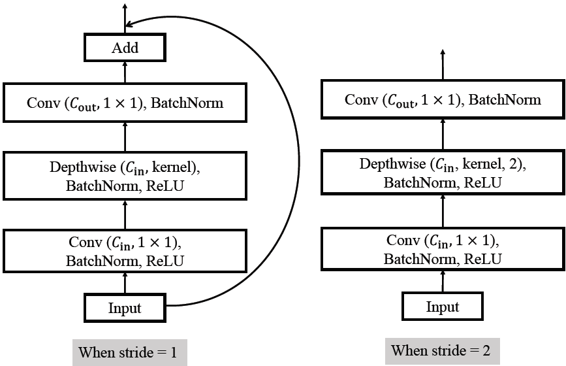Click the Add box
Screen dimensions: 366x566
click(x=125, y=47)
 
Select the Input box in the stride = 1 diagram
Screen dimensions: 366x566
click(x=125, y=307)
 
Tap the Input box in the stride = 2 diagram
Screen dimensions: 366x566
click(x=443, y=307)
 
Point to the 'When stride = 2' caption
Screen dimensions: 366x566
click(x=442, y=350)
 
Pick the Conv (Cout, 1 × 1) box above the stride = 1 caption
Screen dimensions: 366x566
click(x=125, y=102)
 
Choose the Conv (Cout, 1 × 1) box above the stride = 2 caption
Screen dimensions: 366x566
click(x=443, y=99)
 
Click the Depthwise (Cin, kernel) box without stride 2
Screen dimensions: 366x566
click(x=125, y=176)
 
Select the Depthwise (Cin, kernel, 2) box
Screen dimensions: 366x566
click(x=443, y=173)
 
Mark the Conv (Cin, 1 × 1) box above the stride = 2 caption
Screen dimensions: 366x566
click(x=443, y=249)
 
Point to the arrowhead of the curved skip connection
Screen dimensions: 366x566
click(x=130, y=25)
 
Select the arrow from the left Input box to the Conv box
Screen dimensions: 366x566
click(x=125, y=282)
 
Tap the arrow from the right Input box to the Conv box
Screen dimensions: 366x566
click(x=443, y=282)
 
